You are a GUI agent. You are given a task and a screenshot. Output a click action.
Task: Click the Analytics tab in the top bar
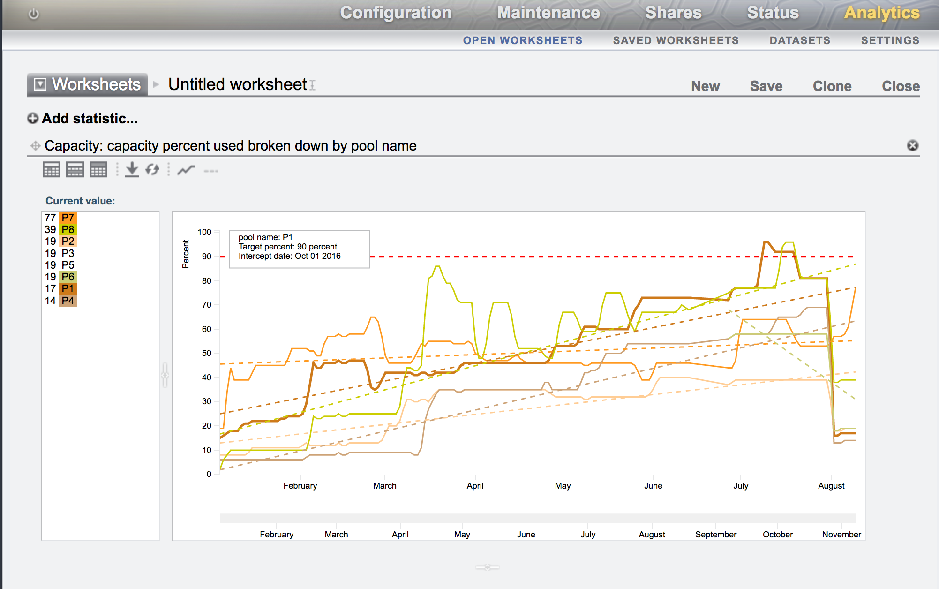point(881,13)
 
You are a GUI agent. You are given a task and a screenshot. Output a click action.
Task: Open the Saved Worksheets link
point(676,40)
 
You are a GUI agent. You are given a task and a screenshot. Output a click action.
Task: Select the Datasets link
point(800,40)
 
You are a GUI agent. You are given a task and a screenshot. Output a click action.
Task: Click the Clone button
point(832,86)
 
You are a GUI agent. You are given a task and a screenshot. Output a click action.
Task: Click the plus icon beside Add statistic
point(32,119)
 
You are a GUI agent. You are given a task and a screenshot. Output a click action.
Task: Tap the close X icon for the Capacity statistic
point(912,145)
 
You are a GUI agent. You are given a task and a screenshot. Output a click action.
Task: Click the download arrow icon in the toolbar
point(132,169)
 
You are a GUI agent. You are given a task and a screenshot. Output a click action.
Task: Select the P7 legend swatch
point(68,218)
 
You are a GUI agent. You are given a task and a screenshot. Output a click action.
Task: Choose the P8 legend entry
point(68,229)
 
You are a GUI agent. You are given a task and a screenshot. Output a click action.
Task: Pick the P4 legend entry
point(68,301)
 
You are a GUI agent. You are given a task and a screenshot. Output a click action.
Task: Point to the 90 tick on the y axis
point(207,257)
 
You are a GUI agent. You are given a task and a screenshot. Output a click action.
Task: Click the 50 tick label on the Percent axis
point(207,353)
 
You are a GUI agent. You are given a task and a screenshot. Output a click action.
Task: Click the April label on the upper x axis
point(475,486)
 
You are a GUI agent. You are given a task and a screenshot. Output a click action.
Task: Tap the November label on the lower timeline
point(841,535)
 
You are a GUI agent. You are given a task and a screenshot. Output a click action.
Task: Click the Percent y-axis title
point(186,254)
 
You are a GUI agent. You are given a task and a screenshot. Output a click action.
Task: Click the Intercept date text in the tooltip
point(289,256)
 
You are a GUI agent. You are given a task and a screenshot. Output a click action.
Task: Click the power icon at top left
point(34,14)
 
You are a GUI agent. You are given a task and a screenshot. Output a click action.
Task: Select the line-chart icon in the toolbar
point(186,170)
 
